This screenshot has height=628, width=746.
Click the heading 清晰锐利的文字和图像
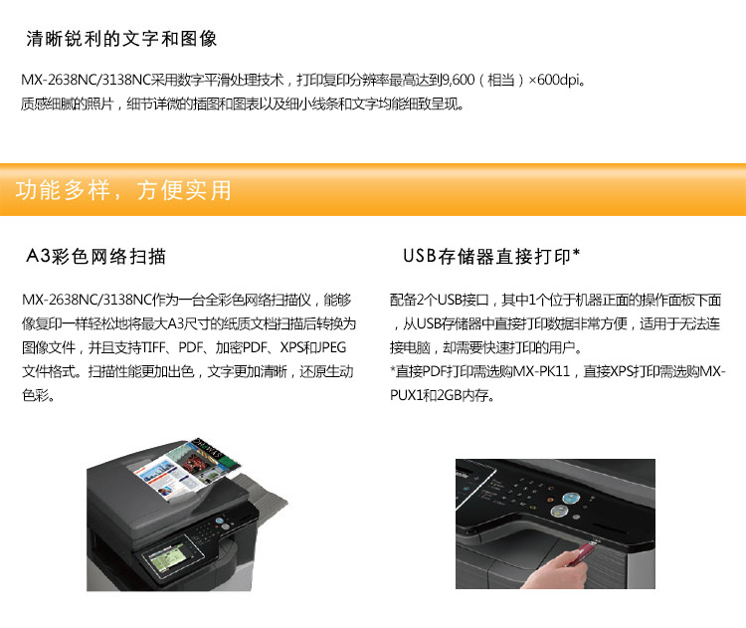point(121,39)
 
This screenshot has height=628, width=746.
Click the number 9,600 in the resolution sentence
point(459,80)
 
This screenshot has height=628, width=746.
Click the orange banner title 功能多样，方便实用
point(123,190)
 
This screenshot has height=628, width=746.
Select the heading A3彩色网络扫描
point(95,256)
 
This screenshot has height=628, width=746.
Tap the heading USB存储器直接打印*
point(491,256)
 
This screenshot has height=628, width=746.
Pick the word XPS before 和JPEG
point(291,347)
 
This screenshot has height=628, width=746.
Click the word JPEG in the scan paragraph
point(330,347)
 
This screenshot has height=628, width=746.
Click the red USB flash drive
point(583,552)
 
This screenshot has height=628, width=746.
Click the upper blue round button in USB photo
point(570,498)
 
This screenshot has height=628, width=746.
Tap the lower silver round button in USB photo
point(559,512)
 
